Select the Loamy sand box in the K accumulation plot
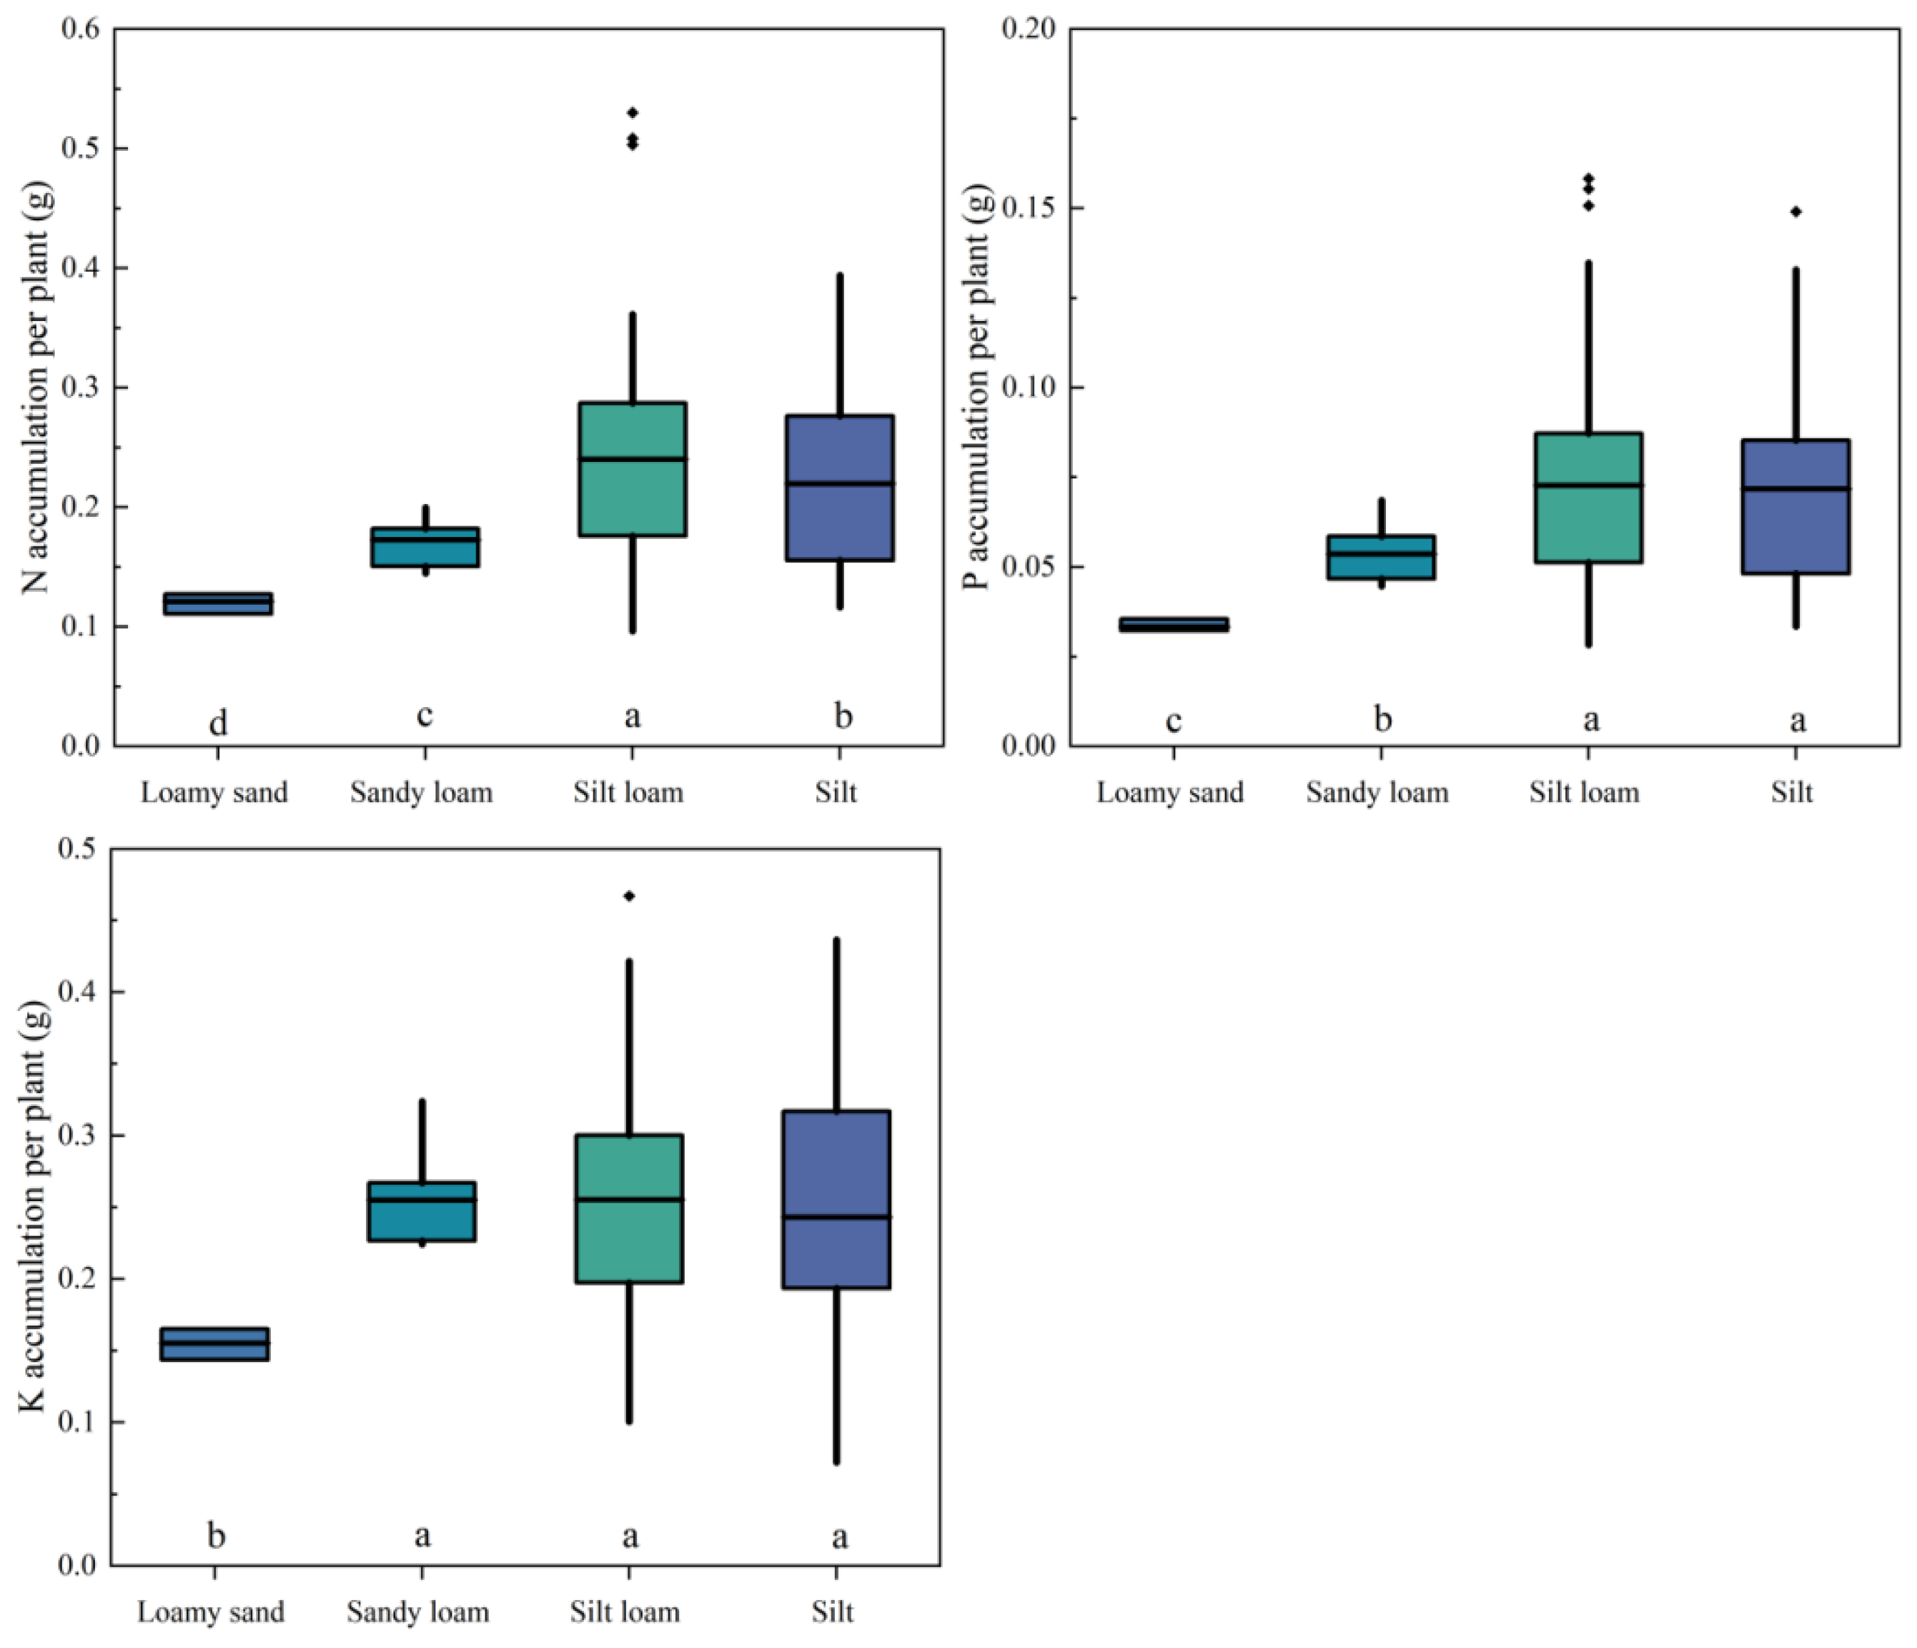(214, 1343)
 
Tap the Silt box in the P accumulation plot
(1795, 506)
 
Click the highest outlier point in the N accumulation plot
(633, 113)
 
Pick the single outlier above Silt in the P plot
(1795, 212)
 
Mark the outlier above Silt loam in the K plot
(629, 896)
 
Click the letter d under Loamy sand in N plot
(217, 721)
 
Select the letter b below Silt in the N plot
(842, 715)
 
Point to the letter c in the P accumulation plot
(1173, 720)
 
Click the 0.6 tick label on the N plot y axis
(81, 29)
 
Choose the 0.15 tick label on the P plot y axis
(1029, 207)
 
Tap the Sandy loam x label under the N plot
(421, 793)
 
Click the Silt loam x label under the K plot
(625, 1612)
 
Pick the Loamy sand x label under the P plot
(1170, 793)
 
